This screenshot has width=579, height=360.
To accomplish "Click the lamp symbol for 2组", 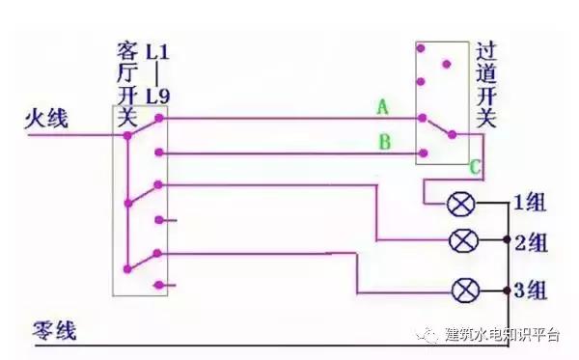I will pyautogui.click(x=464, y=240).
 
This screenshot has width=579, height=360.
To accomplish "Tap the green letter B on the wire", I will pyautogui.click(x=383, y=144).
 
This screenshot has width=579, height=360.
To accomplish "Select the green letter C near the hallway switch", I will pyautogui.click(x=475, y=167).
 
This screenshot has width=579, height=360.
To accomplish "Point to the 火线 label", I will pyautogui.click(x=45, y=119).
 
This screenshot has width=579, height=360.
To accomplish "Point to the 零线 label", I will pyautogui.click(x=48, y=328).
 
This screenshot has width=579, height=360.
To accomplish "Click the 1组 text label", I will pyautogui.click(x=531, y=204).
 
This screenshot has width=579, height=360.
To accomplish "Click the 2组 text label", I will pyautogui.click(x=532, y=241).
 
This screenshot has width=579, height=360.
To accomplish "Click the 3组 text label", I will pyautogui.click(x=532, y=289).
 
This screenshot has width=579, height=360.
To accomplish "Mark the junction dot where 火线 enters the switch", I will pyautogui.click(x=126, y=135).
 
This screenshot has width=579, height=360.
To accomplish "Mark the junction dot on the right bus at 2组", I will pyautogui.click(x=510, y=241).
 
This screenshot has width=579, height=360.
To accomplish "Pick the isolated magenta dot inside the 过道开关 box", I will pyautogui.click(x=445, y=65).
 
